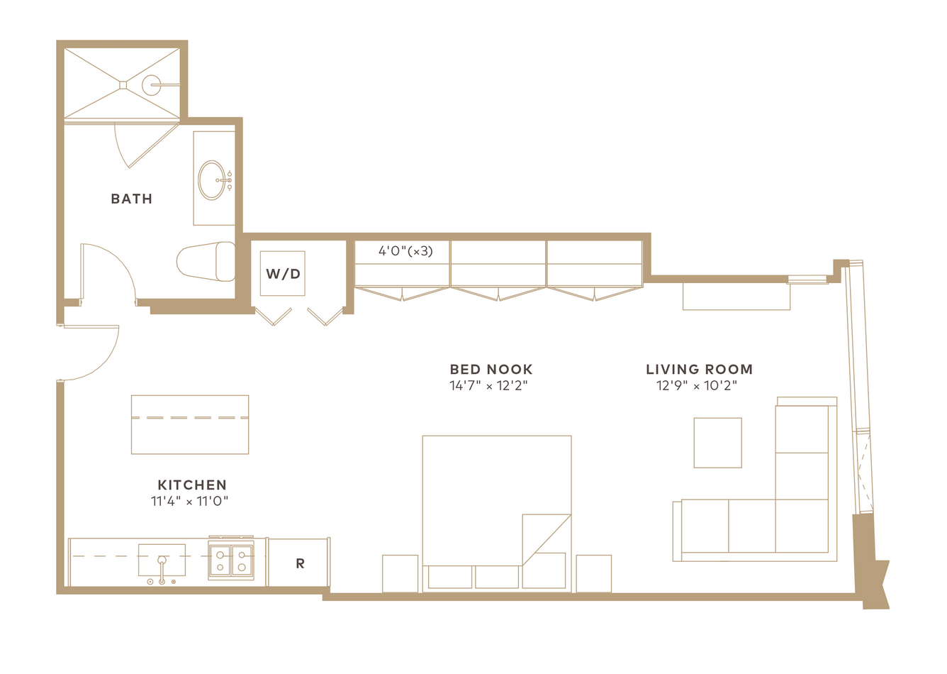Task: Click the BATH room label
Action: point(131,199)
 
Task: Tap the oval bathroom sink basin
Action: point(212,179)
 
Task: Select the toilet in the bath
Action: point(206,262)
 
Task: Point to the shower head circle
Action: point(151,85)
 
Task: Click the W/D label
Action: point(283,274)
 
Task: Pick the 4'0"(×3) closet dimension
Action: point(405,251)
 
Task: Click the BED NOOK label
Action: point(491,370)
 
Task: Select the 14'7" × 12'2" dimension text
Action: point(488,386)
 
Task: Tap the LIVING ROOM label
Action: point(699,370)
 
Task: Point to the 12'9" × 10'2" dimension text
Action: point(697,386)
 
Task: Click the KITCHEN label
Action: point(192,485)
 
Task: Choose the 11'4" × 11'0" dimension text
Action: point(190,502)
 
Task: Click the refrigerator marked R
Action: point(299,563)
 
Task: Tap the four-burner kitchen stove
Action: point(231,559)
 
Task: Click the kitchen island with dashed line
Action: point(190,424)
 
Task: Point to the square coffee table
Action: point(717,443)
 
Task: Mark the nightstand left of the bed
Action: point(400,574)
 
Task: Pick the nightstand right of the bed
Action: point(593,574)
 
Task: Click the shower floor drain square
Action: point(123,85)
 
